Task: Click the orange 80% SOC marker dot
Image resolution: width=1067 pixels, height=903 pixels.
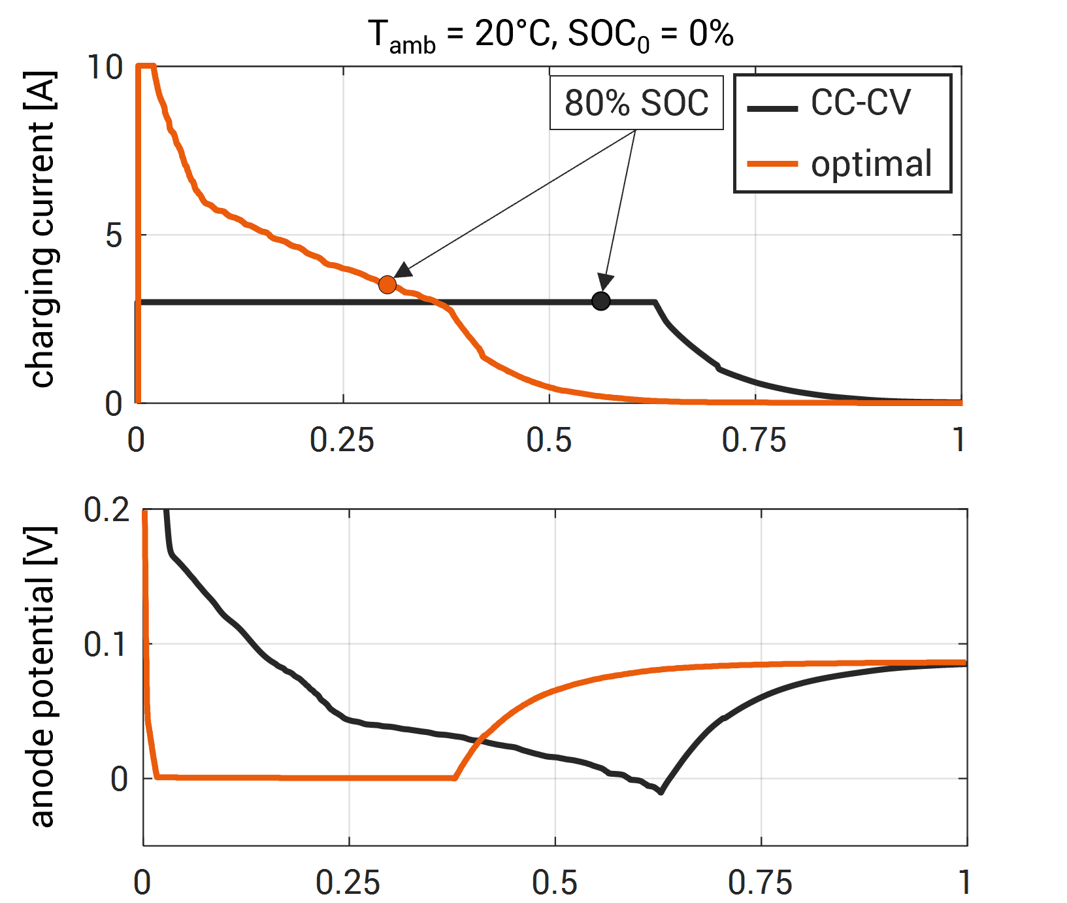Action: click(x=387, y=284)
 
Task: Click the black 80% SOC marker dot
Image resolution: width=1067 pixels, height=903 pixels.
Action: click(x=600, y=301)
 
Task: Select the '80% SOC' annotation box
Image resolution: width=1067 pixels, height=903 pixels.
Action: click(x=636, y=103)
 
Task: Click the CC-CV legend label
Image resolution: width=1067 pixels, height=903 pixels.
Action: click(x=861, y=103)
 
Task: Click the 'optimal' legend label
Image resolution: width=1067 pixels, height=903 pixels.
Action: click(x=871, y=163)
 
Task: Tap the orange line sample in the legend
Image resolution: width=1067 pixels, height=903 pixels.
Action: click(x=772, y=164)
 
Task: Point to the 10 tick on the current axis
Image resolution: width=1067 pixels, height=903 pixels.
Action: click(x=105, y=67)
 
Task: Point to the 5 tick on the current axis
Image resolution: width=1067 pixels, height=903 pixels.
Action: click(x=114, y=235)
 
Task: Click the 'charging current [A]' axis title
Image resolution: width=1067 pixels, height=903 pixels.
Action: click(x=42, y=229)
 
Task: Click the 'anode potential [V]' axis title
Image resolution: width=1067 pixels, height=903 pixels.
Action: click(x=42, y=677)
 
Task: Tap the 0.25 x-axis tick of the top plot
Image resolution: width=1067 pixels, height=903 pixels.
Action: click(x=342, y=440)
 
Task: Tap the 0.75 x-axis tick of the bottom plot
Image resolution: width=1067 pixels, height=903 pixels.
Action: click(x=760, y=883)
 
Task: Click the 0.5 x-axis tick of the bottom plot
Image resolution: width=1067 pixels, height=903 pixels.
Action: click(x=554, y=883)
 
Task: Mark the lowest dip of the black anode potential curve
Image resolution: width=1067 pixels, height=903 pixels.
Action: click(x=661, y=792)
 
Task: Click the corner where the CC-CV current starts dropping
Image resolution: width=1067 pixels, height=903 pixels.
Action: click(x=655, y=302)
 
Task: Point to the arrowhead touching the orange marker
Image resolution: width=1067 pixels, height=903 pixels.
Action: click(x=402, y=270)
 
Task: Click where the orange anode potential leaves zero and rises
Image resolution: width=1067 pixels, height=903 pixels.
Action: click(x=455, y=777)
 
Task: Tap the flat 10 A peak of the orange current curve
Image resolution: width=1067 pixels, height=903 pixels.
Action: click(x=146, y=66)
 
